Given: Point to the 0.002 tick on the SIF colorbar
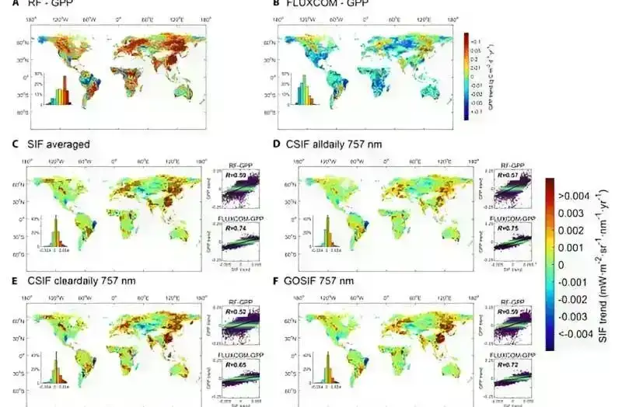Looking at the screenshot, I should pyautogui.click(x=578, y=231).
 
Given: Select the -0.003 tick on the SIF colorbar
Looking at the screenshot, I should pyautogui.click(x=578, y=317).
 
